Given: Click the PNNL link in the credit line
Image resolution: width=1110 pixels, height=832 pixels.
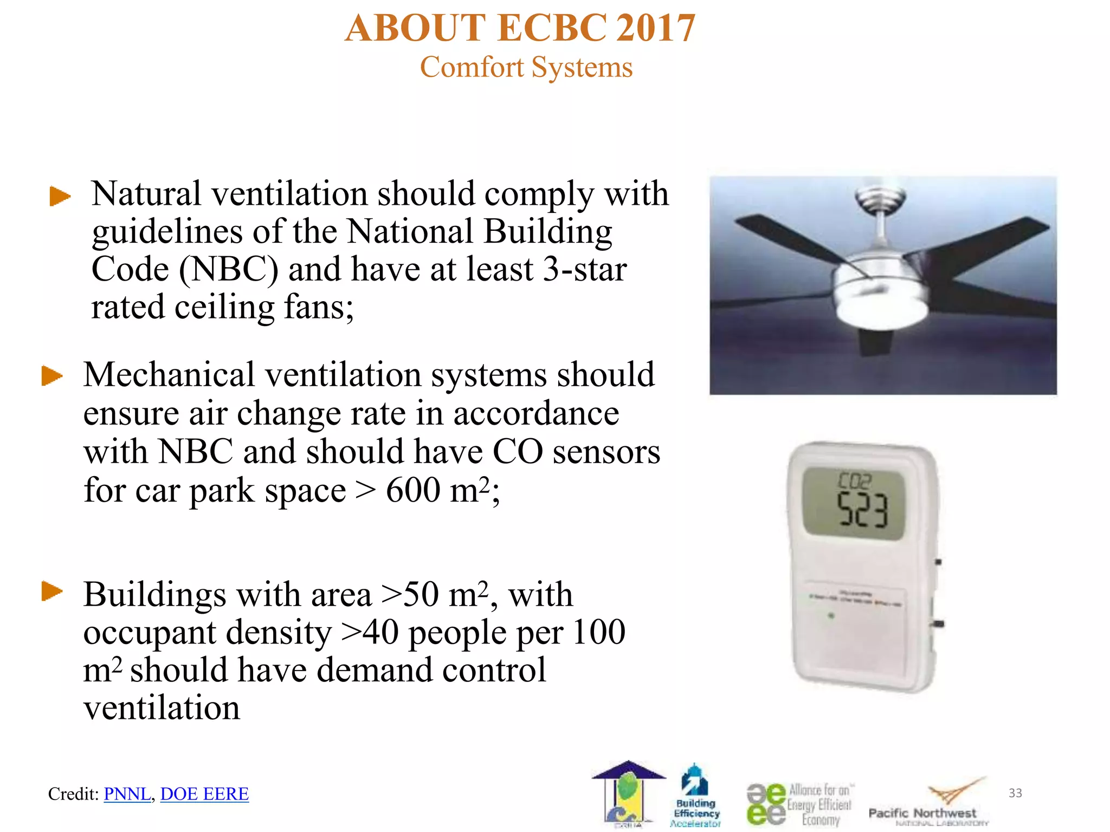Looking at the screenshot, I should pyautogui.click(x=127, y=794).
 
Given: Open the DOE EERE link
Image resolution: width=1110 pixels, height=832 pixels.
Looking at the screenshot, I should pyautogui.click(x=204, y=794).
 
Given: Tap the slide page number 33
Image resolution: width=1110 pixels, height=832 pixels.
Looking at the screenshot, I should pyautogui.click(x=1015, y=793).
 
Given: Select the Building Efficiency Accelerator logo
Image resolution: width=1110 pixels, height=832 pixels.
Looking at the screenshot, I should pyautogui.click(x=696, y=796).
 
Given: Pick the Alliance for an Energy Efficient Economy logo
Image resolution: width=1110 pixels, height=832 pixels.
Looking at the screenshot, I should pyautogui.click(x=799, y=804).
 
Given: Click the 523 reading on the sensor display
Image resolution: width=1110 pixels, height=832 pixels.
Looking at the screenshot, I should pyautogui.click(x=863, y=510).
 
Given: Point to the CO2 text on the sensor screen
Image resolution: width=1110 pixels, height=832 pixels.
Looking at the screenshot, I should pyautogui.click(x=854, y=480).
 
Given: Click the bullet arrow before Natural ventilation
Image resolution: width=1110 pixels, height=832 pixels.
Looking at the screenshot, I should pyautogui.click(x=60, y=196).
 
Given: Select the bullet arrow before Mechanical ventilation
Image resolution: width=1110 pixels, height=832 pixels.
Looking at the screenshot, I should pyautogui.click(x=52, y=376).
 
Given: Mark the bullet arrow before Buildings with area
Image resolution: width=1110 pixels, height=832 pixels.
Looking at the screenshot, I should pyautogui.click(x=52, y=591).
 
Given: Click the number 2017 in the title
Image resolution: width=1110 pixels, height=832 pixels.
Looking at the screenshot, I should pyautogui.click(x=656, y=28).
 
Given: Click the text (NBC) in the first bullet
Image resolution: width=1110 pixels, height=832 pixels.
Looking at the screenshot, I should pyautogui.click(x=229, y=269).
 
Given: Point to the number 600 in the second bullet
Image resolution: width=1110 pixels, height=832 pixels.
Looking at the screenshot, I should pyautogui.click(x=413, y=491).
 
